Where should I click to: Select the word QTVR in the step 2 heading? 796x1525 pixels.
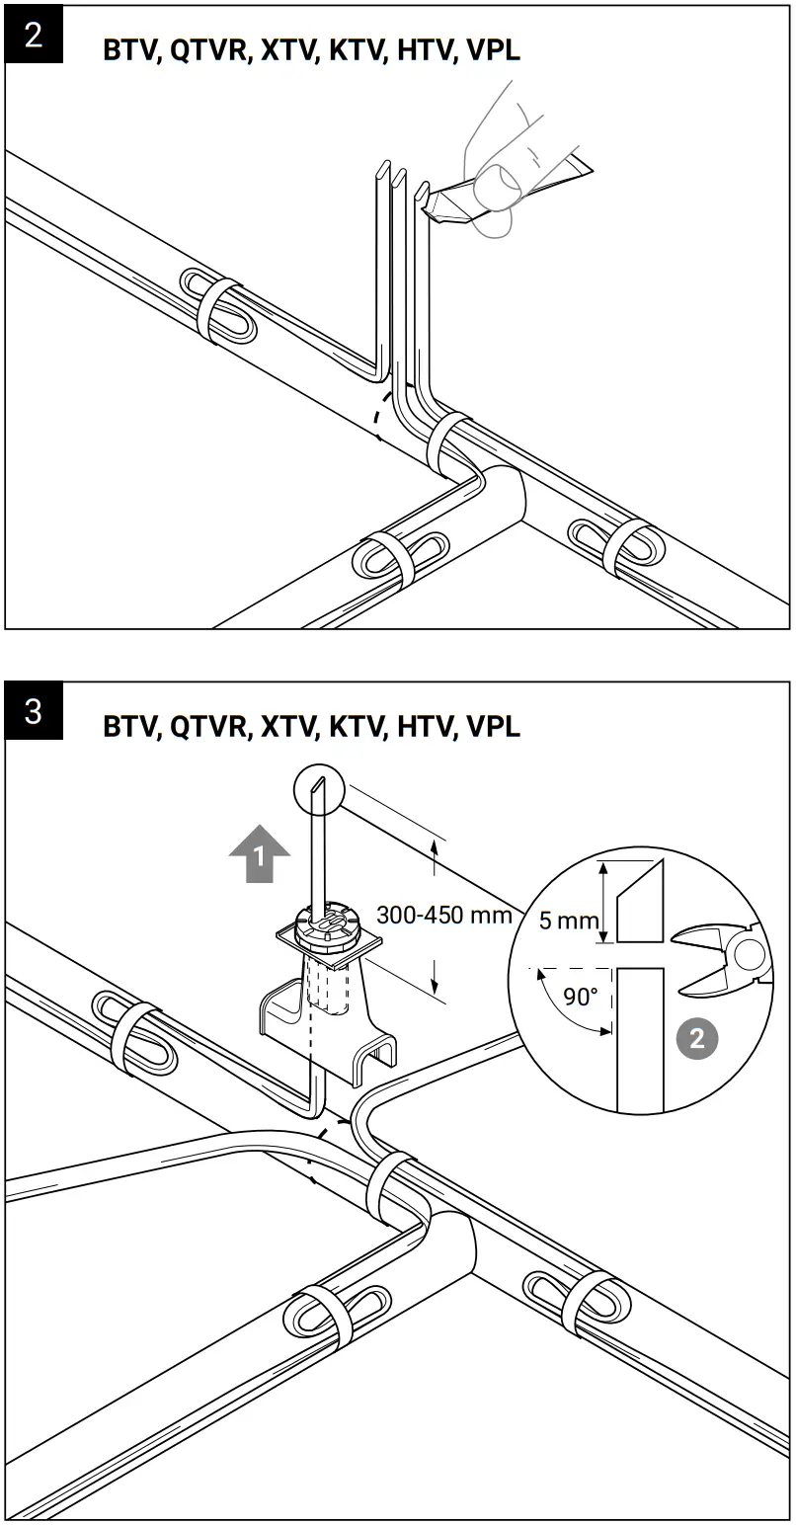click(208, 51)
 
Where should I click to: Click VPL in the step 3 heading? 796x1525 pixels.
click(492, 727)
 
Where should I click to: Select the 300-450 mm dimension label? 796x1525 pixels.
click(444, 915)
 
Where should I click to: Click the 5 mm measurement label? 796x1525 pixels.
click(568, 921)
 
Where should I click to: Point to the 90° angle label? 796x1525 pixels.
click(581, 996)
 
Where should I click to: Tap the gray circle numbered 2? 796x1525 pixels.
click(697, 1038)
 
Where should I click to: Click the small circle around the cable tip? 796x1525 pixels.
click(318, 789)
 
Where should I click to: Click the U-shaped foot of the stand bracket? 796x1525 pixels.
click(374, 1057)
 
